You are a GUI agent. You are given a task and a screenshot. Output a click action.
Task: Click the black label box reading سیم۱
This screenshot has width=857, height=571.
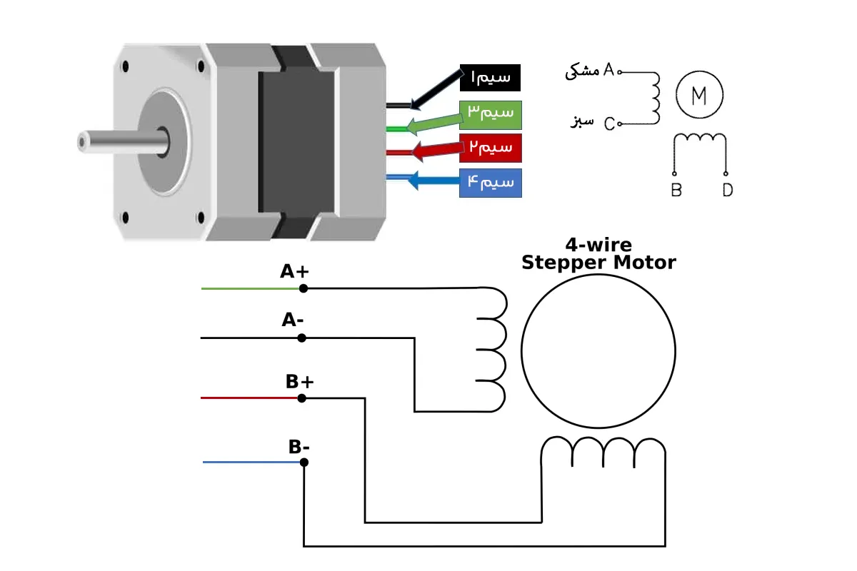(x=490, y=77)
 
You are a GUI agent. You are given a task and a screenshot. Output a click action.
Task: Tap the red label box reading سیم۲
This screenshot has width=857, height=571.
(x=491, y=148)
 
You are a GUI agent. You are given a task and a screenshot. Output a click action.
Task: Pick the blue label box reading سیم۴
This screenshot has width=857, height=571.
(x=491, y=183)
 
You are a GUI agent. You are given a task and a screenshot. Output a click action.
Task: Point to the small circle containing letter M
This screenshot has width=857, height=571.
(x=699, y=95)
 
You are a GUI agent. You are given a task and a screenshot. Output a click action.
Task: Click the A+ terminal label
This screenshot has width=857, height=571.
(x=294, y=272)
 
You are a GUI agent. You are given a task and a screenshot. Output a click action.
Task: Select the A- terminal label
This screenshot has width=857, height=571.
(x=293, y=320)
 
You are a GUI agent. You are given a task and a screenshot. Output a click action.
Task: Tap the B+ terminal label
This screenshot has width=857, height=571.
(x=300, y=382)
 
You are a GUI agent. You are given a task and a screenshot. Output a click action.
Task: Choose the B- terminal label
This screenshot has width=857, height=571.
(x=299, y=447)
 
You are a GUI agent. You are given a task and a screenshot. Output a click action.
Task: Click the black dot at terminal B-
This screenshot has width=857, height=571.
(x=304, y=463)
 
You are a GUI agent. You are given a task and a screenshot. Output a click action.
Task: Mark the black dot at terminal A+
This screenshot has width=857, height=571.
(x=304, y=288)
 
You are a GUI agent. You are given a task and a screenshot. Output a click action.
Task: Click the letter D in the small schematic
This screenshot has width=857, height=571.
(x=727, y=191)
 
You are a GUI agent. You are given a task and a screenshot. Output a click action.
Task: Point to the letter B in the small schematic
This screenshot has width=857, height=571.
(x=676, y=191)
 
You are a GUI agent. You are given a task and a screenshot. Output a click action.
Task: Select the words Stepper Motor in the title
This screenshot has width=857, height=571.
(x=598, y=263)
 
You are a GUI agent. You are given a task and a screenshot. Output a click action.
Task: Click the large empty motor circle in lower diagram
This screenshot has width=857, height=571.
(x=598, y=350)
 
